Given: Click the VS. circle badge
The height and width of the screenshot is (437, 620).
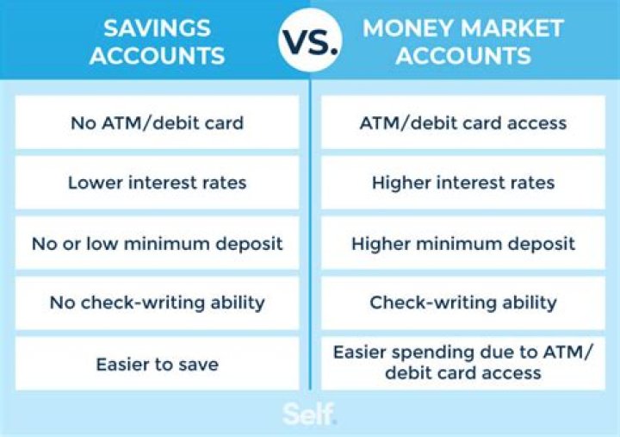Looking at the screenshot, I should pyautogui.click(x=310, y=41).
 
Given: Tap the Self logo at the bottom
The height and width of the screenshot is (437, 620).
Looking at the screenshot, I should pyautogui.click(x=309, y=414).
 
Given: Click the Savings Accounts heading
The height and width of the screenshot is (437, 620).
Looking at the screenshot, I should pyautogui.click(x=157, y=41).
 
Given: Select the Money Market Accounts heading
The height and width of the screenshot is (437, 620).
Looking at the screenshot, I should pyautogui.click(x=462, y=41).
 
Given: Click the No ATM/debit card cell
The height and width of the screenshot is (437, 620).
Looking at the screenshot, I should pyautogui.click(x=157, y=122).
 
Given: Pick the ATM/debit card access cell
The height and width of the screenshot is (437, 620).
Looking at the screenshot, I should pyautogui.click(x=462, y=122).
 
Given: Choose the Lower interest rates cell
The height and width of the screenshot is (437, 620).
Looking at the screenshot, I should pyautogui.click(x=157, y=183).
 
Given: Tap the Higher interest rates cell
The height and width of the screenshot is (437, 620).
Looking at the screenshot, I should pyautogui.click(x=462, y=183).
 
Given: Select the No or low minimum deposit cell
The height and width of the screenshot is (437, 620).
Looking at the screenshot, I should pyautogui.click(x=157, y=243).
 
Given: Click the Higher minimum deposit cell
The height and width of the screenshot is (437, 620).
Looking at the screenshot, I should pyautogui.click(x=462, y=243).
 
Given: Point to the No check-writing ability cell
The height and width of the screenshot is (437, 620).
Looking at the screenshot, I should pyautogui.click(x=157, y=303).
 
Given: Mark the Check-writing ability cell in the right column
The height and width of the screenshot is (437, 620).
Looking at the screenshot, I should pyautogui.click(x=462, y=303).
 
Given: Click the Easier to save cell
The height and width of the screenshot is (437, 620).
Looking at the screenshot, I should pyautogui.click(x=157, y=363).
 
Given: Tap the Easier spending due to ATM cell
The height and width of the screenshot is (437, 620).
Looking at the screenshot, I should pyautogui.click(x=462, y=363).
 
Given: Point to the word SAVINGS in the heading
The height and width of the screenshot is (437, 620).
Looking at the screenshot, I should pyautogui.click(x=157, y=28).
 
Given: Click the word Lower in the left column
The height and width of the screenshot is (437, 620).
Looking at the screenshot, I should pyautogui.click(x=91, y=183).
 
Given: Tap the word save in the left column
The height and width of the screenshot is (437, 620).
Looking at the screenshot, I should pyautogui.click(x=198, y=364).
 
